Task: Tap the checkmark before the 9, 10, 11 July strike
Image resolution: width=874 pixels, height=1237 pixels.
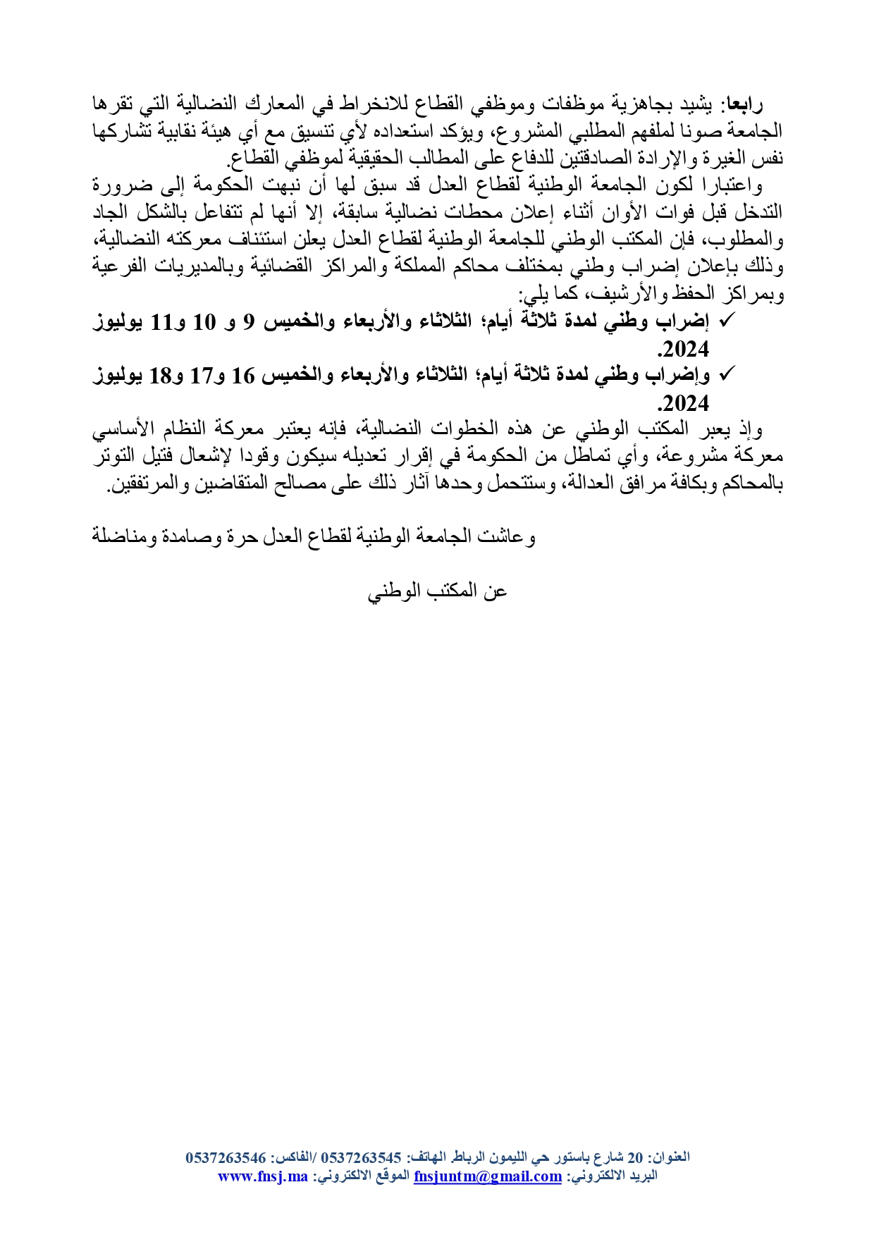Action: (x=727, y=321)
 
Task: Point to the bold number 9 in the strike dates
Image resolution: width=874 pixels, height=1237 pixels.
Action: (x=247, y=322)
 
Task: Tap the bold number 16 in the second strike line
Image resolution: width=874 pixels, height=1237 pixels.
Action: (x=243, y=376)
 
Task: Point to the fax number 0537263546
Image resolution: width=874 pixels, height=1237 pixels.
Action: (x=226, y=1158)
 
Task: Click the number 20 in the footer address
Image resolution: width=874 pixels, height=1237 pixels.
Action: (x=635, y=1158)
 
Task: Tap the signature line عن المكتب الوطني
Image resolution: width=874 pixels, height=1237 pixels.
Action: (x=437, y=590)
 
